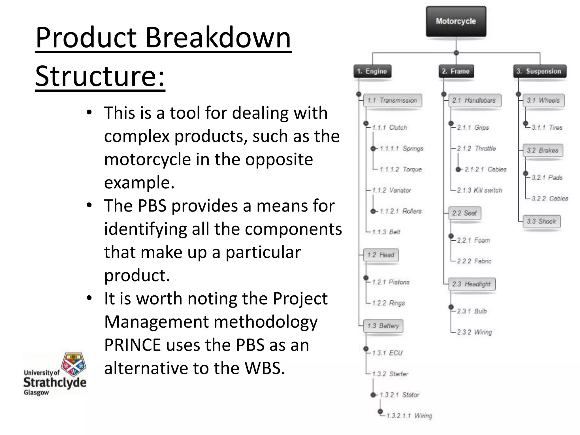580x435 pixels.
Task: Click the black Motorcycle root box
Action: click(x=456, y=22)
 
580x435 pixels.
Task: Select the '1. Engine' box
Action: click(x=372, y=71)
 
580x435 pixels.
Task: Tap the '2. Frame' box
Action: click(x=456, y=71)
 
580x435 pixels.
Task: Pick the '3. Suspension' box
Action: click(x=540, y=71)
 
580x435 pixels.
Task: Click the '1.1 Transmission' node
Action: click(x=392, y=101)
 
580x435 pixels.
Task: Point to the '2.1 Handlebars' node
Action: click(x=474, y=101)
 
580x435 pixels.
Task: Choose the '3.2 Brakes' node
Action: click(x=542, y=150)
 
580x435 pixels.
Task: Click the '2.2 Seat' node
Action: click(x=464, y=213)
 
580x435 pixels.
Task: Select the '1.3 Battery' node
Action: click(x=383, y=326)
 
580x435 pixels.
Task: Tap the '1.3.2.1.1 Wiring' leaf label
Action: click(x=410, y=416)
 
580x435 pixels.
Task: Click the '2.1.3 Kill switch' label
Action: click(x=479, y=190)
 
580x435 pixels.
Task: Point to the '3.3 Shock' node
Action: click(x=541, y=221)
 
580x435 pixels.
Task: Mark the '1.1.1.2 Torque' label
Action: click(x=401, y=169)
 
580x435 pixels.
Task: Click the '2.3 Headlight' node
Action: click(x=472, y=284)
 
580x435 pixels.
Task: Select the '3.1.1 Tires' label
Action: click(x=547, y=128)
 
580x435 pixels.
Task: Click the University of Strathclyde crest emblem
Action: click(x=74, y=364)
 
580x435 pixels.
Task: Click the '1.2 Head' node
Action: click(x=381, y=255)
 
